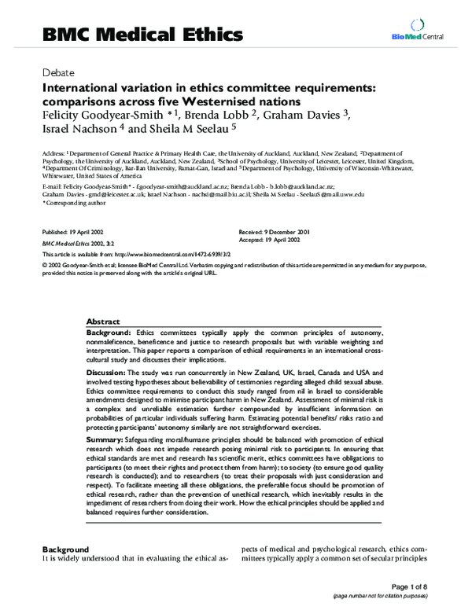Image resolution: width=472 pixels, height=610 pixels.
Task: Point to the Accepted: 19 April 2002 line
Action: [x=271, y=241]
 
